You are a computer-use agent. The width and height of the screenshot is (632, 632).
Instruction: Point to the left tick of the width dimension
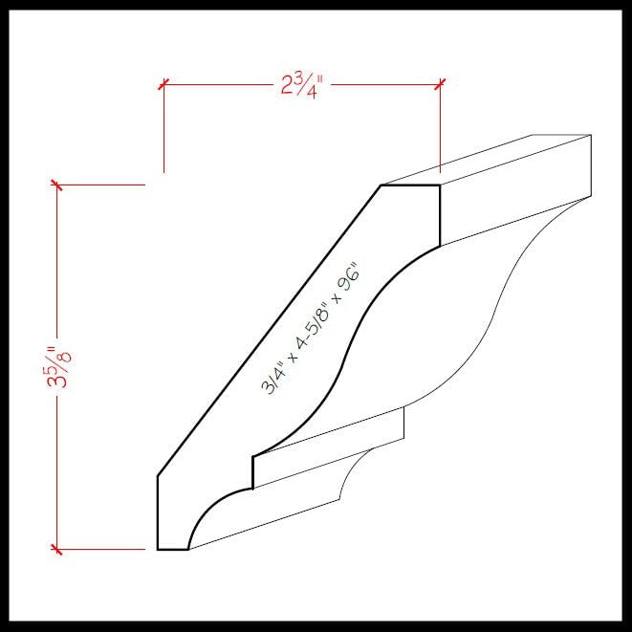163,84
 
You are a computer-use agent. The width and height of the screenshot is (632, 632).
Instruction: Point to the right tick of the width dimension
440,84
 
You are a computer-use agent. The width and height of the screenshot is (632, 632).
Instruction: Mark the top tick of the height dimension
57,185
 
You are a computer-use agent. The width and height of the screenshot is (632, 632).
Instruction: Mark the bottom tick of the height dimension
57,550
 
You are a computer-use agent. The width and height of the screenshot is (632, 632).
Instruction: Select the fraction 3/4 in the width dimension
308,85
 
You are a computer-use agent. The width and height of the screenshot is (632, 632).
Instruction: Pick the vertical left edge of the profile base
158,512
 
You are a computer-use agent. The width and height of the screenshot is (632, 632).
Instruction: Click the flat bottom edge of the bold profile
173,550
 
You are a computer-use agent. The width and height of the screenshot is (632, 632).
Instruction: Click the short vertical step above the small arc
252,471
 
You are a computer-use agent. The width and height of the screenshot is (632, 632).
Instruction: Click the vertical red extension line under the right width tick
440,129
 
